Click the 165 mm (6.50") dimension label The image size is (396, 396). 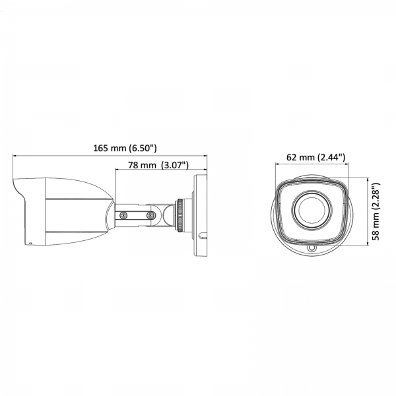[125, 148]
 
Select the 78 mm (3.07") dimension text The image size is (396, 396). [158, 165]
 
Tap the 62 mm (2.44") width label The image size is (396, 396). [315, 157]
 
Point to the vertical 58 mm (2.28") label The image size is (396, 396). [376, 212]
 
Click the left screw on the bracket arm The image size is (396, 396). [123, 215]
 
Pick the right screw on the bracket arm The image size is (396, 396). [150, 215]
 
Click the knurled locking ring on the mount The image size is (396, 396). [180, 215]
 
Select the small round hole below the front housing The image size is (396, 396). [312, 248]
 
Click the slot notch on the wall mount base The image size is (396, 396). [203, 236]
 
